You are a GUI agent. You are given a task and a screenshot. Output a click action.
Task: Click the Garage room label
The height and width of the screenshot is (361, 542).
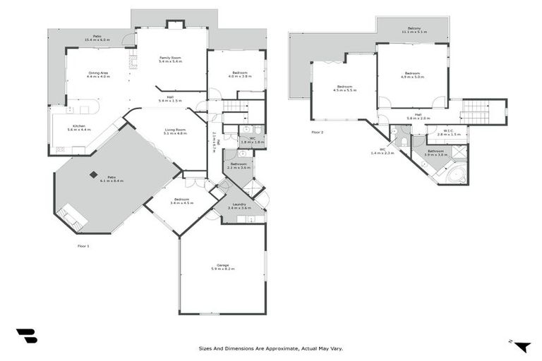pyautogui.click(x=222, y=267)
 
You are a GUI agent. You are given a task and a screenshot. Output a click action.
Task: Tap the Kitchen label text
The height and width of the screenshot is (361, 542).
pyautogui.click(x=79, y=128)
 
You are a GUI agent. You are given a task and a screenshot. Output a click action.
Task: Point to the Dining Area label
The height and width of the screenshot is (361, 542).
pyautogui.click(x=98, y=74)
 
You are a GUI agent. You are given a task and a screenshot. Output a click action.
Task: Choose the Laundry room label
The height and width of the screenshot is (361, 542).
pyautogui.click(x=241, y=206)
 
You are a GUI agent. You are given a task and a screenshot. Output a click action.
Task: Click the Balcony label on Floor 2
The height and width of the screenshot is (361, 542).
pyautogui.click(x=413, y=30)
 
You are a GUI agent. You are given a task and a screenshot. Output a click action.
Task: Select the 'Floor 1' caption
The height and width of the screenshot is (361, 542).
pyautogui.click(x=83, y=246)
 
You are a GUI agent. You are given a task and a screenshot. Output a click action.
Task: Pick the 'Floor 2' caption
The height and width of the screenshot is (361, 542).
pyautogui.click(x=318, y=132)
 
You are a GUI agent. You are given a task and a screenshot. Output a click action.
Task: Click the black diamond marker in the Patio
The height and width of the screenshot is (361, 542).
pyautogui.click(x=94, y=175)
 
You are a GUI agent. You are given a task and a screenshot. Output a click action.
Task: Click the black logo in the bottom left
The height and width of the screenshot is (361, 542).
pyautogui.click(x=26, y=336)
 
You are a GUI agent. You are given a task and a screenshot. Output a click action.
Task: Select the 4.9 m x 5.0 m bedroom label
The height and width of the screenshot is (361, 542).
pyautogui.click(x=412, y=75)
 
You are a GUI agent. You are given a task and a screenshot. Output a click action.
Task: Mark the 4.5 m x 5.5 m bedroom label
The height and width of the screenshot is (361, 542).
pyautogui.click(x=345, y=88)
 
